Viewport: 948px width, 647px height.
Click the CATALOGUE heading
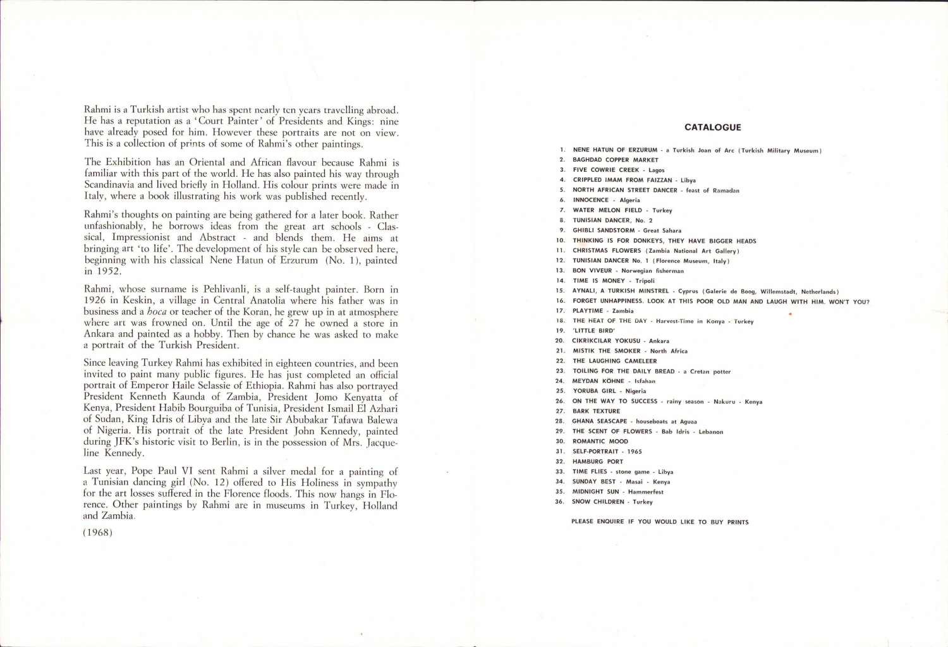pos(712,127)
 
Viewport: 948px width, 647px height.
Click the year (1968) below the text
pos(98,532)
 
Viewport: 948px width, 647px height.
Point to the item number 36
pos(559,502)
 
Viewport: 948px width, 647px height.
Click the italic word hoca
pos(157,311)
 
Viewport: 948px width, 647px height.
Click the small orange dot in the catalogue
pos(790,313)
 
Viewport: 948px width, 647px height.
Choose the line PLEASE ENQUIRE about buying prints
pos(660,522)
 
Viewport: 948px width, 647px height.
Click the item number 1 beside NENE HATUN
pos(562,150)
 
